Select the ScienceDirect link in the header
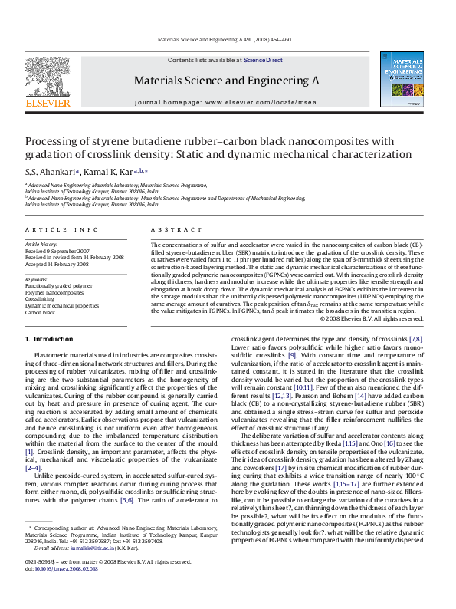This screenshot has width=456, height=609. click(x=263, y=60)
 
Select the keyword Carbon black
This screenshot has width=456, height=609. click(x=41, y=312)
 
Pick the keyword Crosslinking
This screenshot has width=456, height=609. click(x=41, y=299)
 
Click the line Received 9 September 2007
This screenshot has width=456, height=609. click(x=57, y=251)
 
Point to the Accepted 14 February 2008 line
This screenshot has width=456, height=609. click(x=57, y=264)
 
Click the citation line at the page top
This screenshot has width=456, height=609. click(x=224, y=39)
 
